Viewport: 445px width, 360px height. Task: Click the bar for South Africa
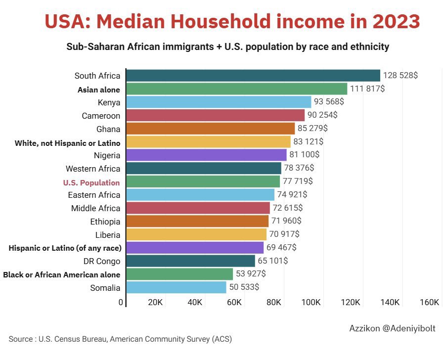point(253,76)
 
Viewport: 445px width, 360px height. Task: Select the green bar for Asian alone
point(236,89)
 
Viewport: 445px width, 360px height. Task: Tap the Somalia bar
point(176,287)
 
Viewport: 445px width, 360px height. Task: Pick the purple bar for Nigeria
point(206,155)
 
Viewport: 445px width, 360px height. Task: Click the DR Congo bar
point(190,261)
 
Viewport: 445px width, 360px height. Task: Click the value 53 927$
point(251,274)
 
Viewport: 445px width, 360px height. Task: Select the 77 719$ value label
point(298,181)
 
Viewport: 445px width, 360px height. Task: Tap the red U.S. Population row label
point(91,182)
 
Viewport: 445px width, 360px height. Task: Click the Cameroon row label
point(101,116)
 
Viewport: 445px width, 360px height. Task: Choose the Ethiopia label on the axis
point(105,221)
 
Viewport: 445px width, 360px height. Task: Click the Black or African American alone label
point(62,274)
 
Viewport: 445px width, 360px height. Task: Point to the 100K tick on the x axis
point(311,303)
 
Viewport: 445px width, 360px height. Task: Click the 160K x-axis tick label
point(430,303)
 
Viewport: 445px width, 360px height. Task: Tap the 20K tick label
point(155,303)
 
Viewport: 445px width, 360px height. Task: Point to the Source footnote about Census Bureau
point(120,339)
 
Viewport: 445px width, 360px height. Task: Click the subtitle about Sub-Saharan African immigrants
point(227,47)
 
